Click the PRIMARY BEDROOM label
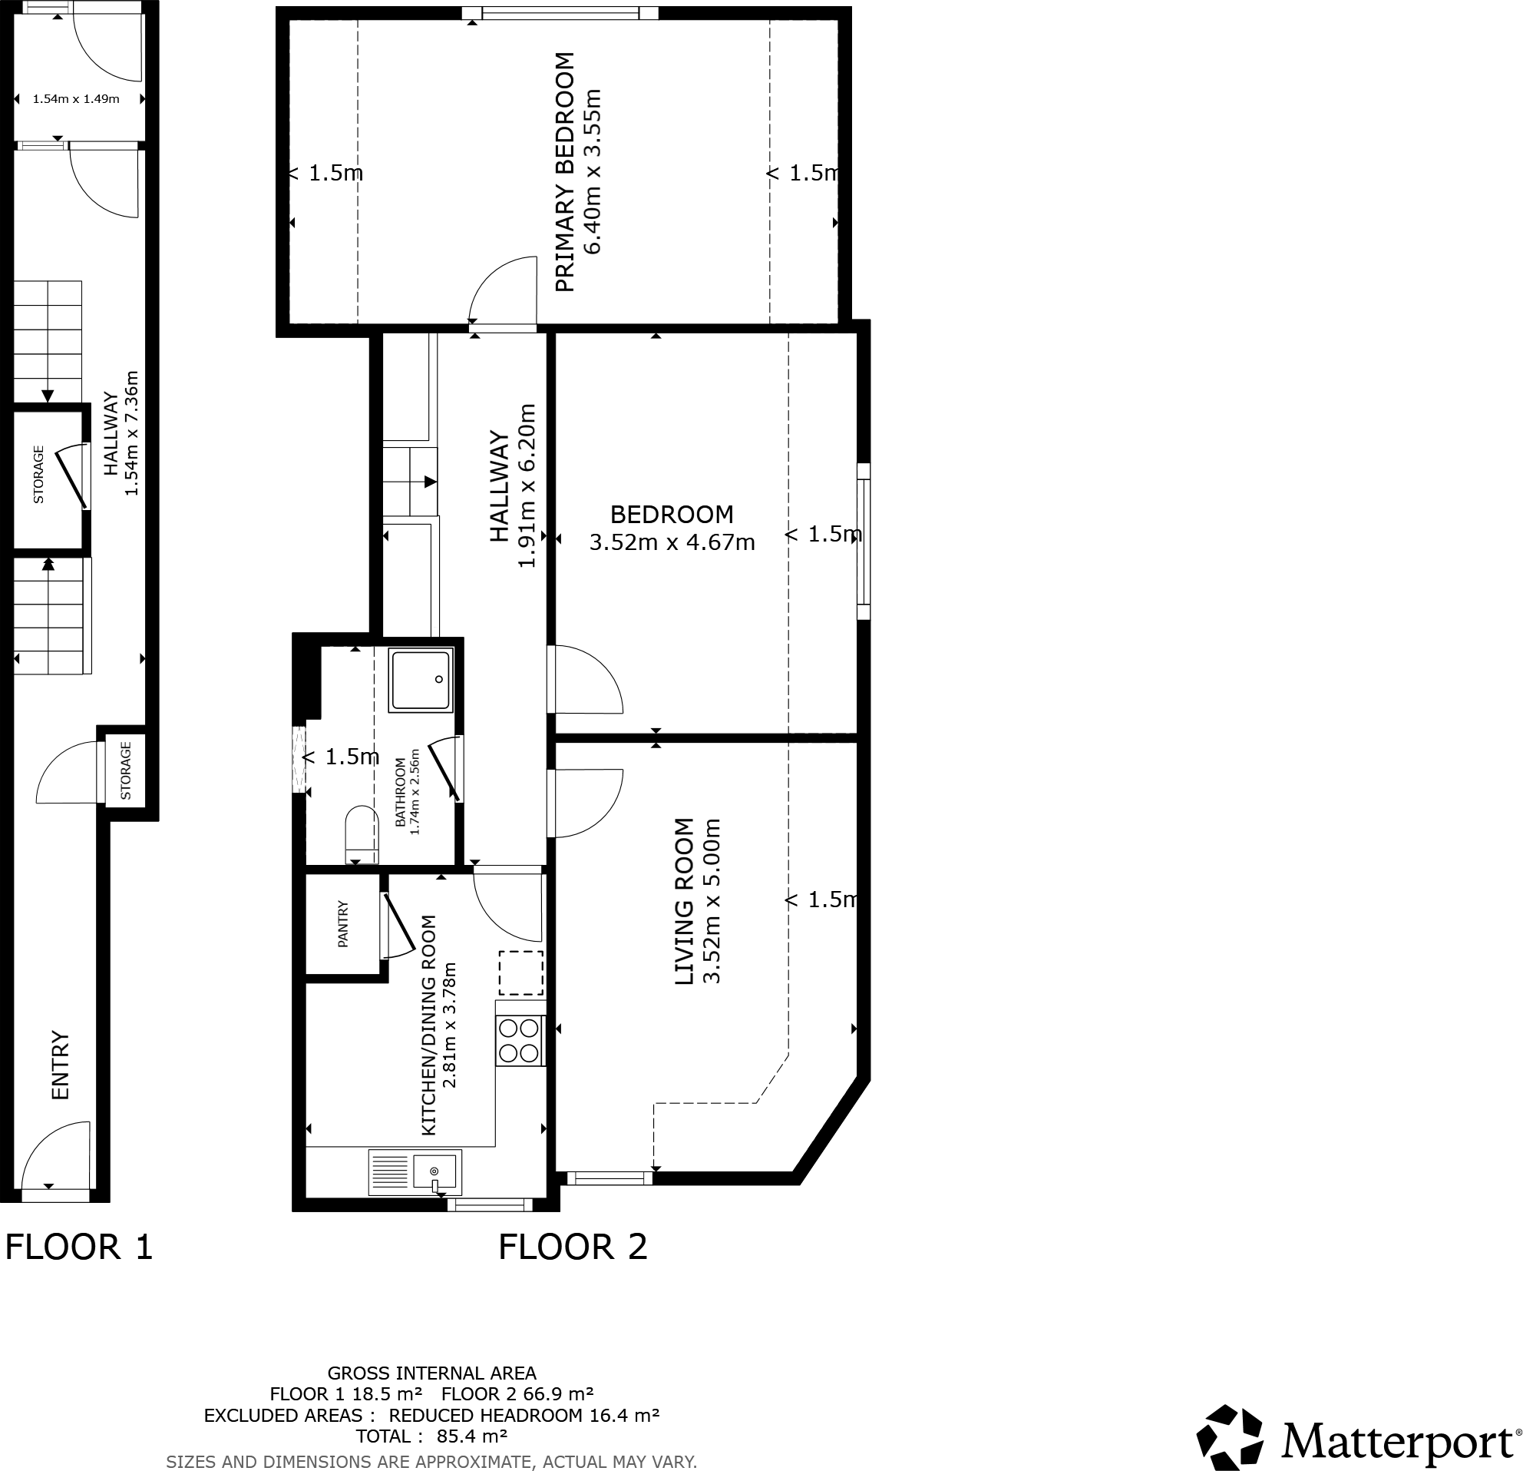click(565, 172)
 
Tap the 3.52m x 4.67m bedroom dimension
click(672, 542)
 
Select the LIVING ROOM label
click(684, 901)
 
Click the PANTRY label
click(342, 923)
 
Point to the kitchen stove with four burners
click(520, 1041)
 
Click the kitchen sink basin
click(434, 1171)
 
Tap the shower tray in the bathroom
click(421, 681)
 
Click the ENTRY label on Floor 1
click(61, 1065)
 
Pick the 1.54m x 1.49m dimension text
click(76, 99)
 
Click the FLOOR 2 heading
click(573, 1247)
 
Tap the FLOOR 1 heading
click(79, 1247)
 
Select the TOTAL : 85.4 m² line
click(431, 1436)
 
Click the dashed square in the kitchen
click(520, 972)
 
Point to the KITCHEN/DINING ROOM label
click(428, 1025)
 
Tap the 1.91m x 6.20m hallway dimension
click(527, 486)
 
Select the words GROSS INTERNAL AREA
click(431, 1373)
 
